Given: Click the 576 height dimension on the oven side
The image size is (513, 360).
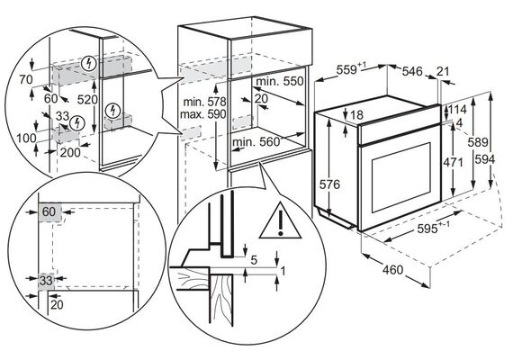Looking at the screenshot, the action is [329, 184].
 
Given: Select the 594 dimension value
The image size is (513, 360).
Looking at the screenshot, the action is [484, 159].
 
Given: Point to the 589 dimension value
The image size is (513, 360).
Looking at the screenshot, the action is [478, 142].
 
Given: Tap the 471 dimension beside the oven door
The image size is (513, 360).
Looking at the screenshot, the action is [453, 162].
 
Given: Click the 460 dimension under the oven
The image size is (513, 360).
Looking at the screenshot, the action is [393, 270].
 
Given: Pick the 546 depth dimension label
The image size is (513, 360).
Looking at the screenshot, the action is [412, 71].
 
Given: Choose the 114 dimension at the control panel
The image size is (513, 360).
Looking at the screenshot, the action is [457, 109].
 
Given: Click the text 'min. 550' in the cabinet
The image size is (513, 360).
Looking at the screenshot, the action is [280, 81].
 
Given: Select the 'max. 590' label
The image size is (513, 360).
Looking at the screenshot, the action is [203, 114].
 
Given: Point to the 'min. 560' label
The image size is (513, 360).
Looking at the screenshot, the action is [256, 142].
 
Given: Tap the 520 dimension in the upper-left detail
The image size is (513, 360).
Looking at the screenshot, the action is [87, 100].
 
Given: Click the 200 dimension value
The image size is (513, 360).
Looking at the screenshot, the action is [69, 152].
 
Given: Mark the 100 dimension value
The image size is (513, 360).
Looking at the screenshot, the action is [26, 138].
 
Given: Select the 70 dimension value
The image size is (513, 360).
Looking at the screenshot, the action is [26, 79].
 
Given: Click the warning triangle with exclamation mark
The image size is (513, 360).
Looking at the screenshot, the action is [280, 220].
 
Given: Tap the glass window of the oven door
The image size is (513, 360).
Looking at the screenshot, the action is [401, 177].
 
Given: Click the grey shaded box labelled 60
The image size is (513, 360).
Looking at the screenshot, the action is [50, 211].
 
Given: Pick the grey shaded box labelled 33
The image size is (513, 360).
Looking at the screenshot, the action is [46, 281].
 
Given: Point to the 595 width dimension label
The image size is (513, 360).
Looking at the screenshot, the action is [433, 228].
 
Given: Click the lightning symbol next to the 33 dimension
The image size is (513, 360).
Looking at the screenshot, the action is [77, 123].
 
